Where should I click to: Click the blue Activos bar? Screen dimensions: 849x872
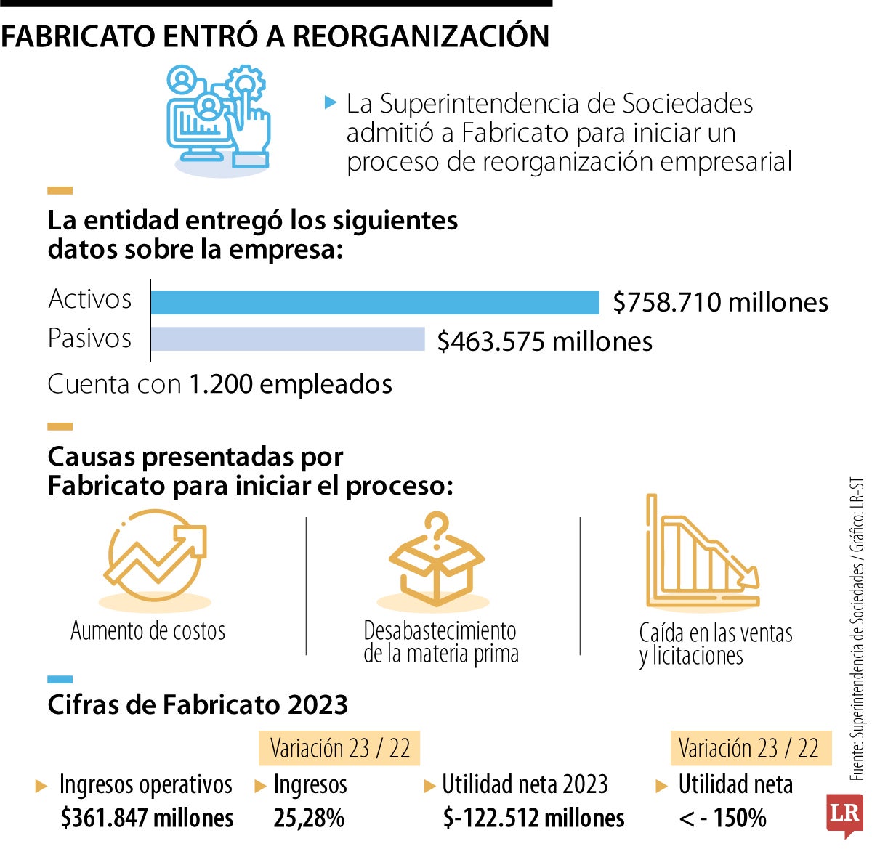(x=374, y=302)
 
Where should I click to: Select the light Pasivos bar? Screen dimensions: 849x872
(x=288, y=339)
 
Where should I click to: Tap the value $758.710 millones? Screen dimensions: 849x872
(x=720, y=302)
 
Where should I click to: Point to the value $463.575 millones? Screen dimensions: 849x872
(x=544, y=341)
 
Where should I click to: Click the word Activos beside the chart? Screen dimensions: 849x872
(x=90, y=299)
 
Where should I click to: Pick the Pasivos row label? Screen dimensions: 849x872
(x=90, y=338)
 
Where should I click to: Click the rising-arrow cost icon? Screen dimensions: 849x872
(x=155, y=556)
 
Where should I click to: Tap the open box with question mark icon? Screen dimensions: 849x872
(x=436, y=559)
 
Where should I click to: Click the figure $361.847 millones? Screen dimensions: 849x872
(x=148, y=818)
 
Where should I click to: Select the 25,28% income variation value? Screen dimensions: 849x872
(x=309, y=818)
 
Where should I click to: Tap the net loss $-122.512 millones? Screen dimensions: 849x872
(x=533, y=818)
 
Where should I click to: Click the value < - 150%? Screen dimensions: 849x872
(x=722, y=818)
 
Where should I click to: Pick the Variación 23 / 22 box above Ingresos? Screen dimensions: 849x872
(x=339, y=748)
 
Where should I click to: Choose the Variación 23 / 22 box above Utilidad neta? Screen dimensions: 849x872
(x=748, y=748)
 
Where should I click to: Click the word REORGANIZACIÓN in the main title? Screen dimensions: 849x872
(x=421, y=36)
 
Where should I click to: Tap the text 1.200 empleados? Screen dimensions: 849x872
(x=291, y=384)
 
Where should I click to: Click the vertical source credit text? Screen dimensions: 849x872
(x=857, y=628)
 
